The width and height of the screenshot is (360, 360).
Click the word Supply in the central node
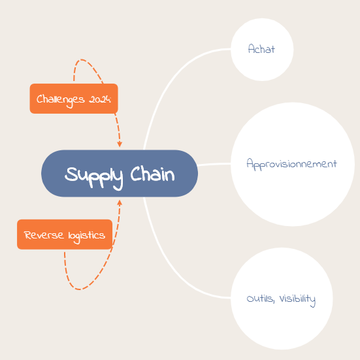93,177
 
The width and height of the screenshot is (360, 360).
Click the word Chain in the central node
153,174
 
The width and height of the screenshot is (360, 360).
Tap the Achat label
261,48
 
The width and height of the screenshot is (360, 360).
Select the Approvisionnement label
291,164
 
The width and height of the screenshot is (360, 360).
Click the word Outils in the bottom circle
260,299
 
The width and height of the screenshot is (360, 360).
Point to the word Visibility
297,299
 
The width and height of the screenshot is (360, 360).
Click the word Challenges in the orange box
61,100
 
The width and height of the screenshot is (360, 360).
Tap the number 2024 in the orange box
100,99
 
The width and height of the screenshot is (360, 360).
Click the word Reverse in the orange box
44,235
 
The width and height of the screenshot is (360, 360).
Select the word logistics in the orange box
86,237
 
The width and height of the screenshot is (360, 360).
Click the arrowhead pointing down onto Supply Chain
120,144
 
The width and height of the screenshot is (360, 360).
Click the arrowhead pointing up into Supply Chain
120,203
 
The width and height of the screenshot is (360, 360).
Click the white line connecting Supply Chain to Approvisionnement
214,164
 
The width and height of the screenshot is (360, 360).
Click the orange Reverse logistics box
65,235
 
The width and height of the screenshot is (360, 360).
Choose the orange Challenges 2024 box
74,99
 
